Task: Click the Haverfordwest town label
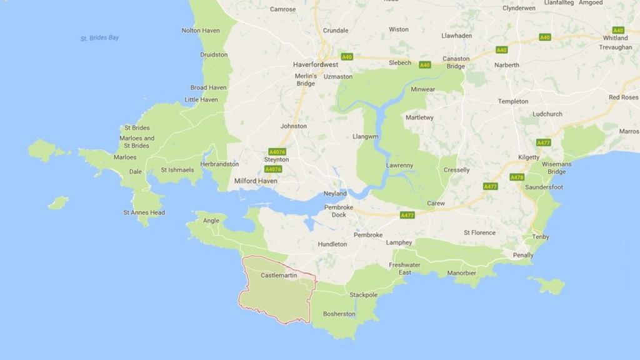pos(316,64)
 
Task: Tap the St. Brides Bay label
pos(99,38)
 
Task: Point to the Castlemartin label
pos(277,275)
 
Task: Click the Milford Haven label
pos(255,181)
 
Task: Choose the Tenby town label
pos(540,237)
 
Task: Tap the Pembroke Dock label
pos(339,211)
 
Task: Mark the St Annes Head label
pos(144,212)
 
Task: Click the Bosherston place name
pos(339,314)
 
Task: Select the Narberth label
pos(507,65)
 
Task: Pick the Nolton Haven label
pos(201,30)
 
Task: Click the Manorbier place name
pos(462,273)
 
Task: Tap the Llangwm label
pos(366,136)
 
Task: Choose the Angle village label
pos(211,220)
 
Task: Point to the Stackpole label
pos(364,294)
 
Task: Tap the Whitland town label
pos(615,38)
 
